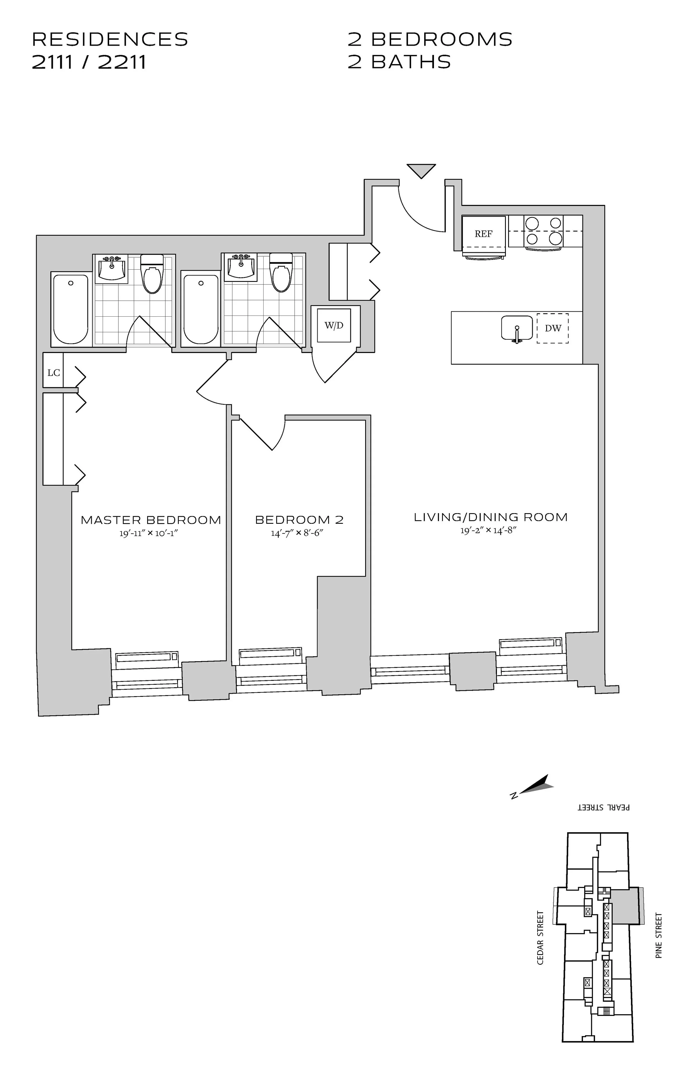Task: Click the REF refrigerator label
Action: click(x=483, y=234)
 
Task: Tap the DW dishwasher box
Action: click(x=552, y=328)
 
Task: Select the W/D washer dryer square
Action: click(x=334, y=325)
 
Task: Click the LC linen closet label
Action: click(x=53, y=373)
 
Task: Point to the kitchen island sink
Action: click(x=517, y=328)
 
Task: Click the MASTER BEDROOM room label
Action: click(x=151, y=520)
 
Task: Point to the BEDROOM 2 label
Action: click(x=299, y=520)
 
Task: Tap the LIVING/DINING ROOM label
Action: click(x=490, y=517)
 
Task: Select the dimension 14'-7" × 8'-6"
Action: click(x=297, y=533)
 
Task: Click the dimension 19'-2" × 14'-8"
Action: click(x=488, y=531)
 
